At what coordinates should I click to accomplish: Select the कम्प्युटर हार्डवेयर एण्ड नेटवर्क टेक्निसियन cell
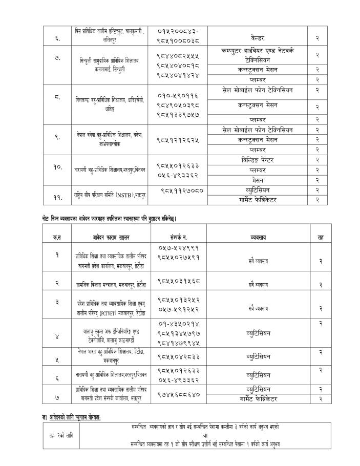point(258,55)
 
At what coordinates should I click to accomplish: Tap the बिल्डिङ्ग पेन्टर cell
point(258,160)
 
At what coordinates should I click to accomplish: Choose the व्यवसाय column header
point(258,238)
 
